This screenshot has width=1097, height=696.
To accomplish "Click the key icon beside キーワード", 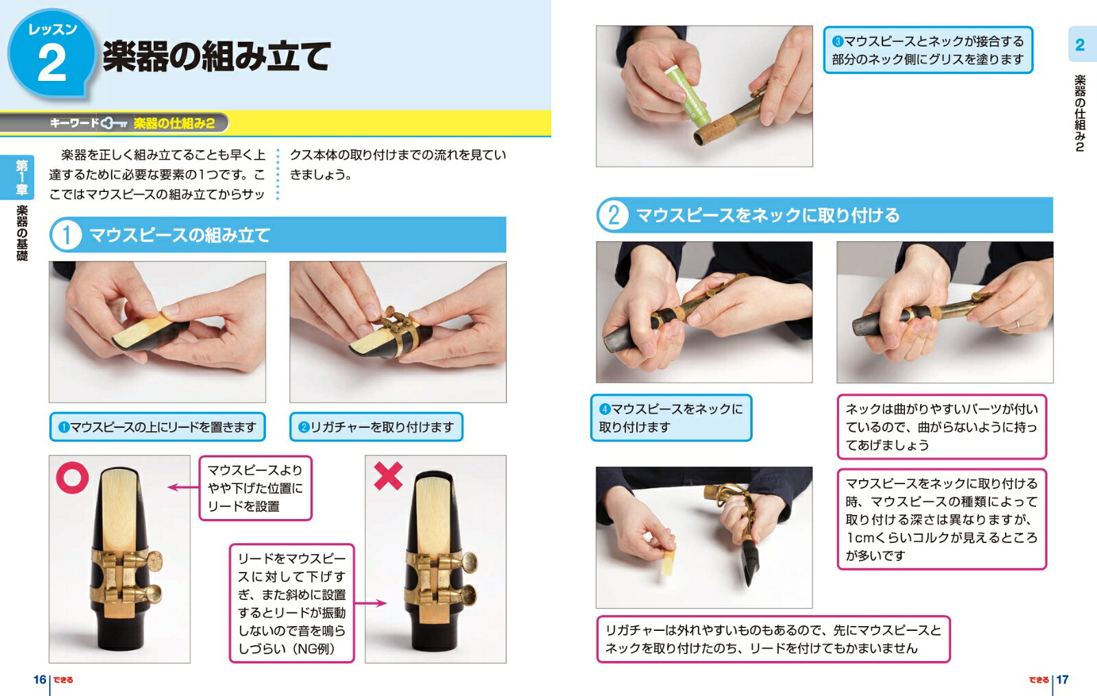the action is coord(114,123).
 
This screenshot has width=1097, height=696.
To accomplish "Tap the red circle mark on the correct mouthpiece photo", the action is coord(73,477).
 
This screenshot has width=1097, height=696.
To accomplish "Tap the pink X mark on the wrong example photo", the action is coord(388,476).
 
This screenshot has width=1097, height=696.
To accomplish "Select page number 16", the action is coord(40,680).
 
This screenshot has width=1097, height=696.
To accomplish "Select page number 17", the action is coord(1062,680).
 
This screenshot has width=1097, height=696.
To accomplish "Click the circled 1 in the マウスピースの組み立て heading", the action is coord(66,235).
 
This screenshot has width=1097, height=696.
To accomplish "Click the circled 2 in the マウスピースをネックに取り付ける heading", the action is coord(613,215).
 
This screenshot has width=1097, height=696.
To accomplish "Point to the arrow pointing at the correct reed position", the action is coord(183,488).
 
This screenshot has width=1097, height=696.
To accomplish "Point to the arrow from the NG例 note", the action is coord(370,603).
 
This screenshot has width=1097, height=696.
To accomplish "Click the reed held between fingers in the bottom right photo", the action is coord(668,558).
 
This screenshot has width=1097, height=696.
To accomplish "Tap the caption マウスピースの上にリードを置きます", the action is coord(157,427).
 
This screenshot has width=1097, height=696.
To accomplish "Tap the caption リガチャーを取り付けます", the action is coord(376,427).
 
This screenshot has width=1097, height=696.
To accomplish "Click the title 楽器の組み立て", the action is coord(217,56).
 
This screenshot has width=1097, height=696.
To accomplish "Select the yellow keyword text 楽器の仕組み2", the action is coord(174,123).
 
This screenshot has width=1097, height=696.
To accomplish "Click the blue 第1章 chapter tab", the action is coord(21,178).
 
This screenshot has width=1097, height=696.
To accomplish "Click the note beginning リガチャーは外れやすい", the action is coord(773,639).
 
